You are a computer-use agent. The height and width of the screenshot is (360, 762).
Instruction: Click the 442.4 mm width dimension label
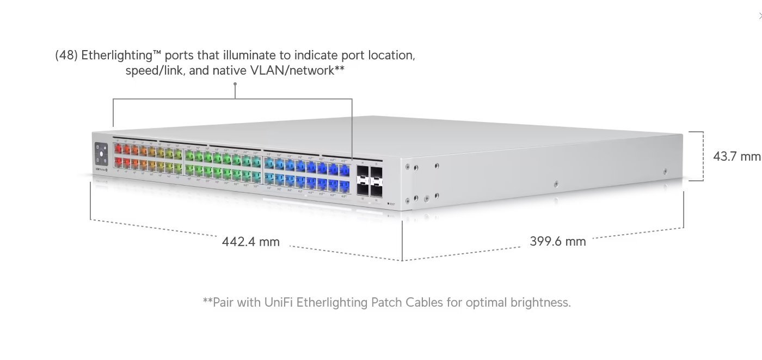(x=250, y=241)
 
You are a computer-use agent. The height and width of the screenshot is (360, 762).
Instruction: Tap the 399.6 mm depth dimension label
(x=557, y=241)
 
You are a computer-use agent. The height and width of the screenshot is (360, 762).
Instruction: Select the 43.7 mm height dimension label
(x=736, y=156)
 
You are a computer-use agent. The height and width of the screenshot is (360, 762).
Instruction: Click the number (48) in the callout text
(x=66, y=56)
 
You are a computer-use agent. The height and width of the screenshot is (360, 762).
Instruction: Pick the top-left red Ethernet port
(x=118, y=148)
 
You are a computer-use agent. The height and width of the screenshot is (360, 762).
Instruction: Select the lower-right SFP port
(x=377, y=189)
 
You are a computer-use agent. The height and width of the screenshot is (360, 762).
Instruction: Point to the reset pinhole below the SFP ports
(x=388, y=203)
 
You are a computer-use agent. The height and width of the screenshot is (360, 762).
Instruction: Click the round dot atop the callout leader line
(x=235, y=84)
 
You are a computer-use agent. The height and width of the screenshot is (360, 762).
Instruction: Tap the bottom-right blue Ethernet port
(x=344, y=186)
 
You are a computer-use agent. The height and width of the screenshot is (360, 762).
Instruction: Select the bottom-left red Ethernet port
(x=118, y=162)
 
